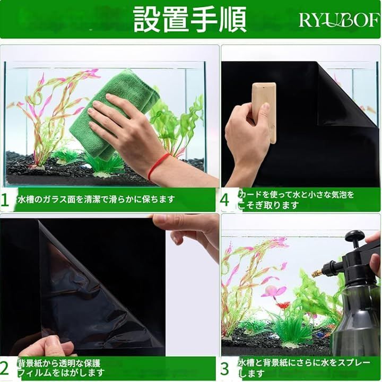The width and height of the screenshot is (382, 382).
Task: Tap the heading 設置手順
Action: tap(190, 20)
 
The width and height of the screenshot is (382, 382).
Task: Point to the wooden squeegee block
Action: tap(265, 111)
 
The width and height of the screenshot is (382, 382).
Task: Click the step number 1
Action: tap(5, 200)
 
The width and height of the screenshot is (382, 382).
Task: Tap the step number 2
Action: tap(5, 368)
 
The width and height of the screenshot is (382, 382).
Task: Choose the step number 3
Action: tap(225, 368)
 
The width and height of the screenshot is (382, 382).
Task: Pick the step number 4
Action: tap(224, 200)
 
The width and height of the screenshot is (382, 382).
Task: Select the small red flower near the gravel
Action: tap(283, 305)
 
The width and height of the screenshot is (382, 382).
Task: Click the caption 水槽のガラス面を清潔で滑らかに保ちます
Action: tap(96, 199)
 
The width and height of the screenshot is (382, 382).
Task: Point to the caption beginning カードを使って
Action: tap(296, 200)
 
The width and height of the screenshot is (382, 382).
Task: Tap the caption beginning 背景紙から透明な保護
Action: tap(61, 368)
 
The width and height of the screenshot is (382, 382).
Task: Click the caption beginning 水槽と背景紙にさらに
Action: tap(304, 368)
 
